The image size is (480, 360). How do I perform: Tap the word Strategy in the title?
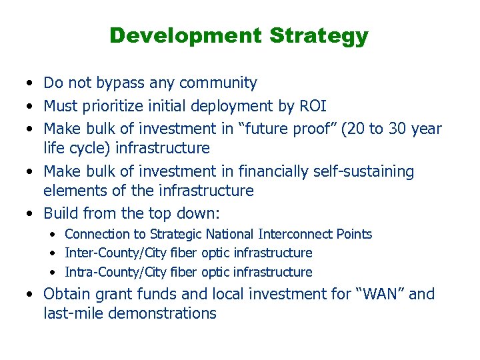[x=319, y=35]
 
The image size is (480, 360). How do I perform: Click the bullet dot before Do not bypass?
[x=30, y=84]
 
